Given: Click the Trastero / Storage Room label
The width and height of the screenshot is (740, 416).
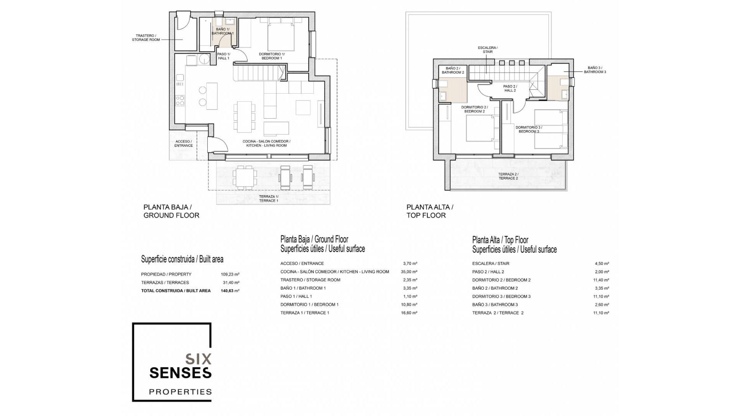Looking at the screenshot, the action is (x=146, y=38).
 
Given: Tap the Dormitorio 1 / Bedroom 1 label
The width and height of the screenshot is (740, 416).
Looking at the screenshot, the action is (x=272, y=56).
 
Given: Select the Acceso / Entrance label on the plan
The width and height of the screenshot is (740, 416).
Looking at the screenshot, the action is (x=183, y=144).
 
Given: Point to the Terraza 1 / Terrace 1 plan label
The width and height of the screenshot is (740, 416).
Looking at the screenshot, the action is (x=269, y=199).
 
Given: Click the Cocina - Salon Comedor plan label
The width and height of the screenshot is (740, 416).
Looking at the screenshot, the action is (x=267, y=144).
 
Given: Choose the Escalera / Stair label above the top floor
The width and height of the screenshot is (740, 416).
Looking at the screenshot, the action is (x=488, y=50).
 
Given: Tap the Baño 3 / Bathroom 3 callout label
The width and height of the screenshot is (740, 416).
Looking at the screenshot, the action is (x=595, y=70).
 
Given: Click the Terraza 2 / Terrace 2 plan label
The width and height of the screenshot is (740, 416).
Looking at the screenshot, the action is (x=508, y=176).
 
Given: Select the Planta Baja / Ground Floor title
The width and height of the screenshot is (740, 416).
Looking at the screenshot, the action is (x=172, y=211).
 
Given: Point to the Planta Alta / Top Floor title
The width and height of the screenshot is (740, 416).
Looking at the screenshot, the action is (x=430, y=211).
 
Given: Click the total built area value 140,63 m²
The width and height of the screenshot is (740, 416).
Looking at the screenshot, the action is (x=230, y=291).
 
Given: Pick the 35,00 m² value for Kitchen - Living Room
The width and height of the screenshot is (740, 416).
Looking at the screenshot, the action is (x=409, y=272).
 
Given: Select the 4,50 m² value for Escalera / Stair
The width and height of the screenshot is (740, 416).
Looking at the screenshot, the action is (x=602, y=264).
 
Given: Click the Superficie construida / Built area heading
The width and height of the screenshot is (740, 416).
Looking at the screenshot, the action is (x=182, y=259).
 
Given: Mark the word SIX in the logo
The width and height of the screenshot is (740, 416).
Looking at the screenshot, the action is (x=198, y=359).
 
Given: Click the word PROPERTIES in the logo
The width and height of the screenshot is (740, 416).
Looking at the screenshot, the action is (x=180, y=392).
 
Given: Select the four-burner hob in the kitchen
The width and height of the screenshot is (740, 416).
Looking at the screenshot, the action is (x=180, y=101).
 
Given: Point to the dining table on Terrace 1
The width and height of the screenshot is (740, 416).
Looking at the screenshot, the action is (x=245, y=178).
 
